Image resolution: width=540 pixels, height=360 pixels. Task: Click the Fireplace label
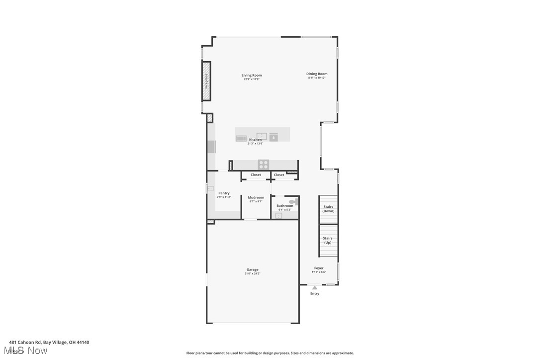tap(206, 81)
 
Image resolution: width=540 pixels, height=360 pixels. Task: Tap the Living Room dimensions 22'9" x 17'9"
tap(252, 80)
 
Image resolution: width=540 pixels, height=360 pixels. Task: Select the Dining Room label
tap(317, 74)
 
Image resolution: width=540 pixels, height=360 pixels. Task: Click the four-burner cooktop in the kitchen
tap(263, 164)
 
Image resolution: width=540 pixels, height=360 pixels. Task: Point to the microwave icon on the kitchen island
tap(241, 138)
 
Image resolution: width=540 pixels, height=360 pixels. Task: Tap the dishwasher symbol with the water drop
tap(274, 137)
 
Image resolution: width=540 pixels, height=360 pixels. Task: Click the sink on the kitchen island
tap(262, 136)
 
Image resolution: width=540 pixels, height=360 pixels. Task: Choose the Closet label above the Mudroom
tap(256, 175)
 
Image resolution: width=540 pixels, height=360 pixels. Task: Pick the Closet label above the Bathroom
tap(279, 175)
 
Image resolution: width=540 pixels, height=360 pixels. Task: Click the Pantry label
tap(224, 193)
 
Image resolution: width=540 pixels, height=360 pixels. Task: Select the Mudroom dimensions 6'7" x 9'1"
tap(256, 201)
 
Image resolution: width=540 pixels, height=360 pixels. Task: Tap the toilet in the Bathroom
tap(293, 202)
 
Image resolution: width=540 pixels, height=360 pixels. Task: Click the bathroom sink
tap(278, 216)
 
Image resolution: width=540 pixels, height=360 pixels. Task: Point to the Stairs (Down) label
tap(328, 209)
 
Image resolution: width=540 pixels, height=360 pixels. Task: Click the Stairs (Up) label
tap(328, 240)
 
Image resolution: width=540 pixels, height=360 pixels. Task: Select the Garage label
tap(252, 270)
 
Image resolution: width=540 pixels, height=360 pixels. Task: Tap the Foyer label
tap(319, 268)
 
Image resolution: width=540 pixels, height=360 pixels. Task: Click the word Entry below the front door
tap(315, 293)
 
